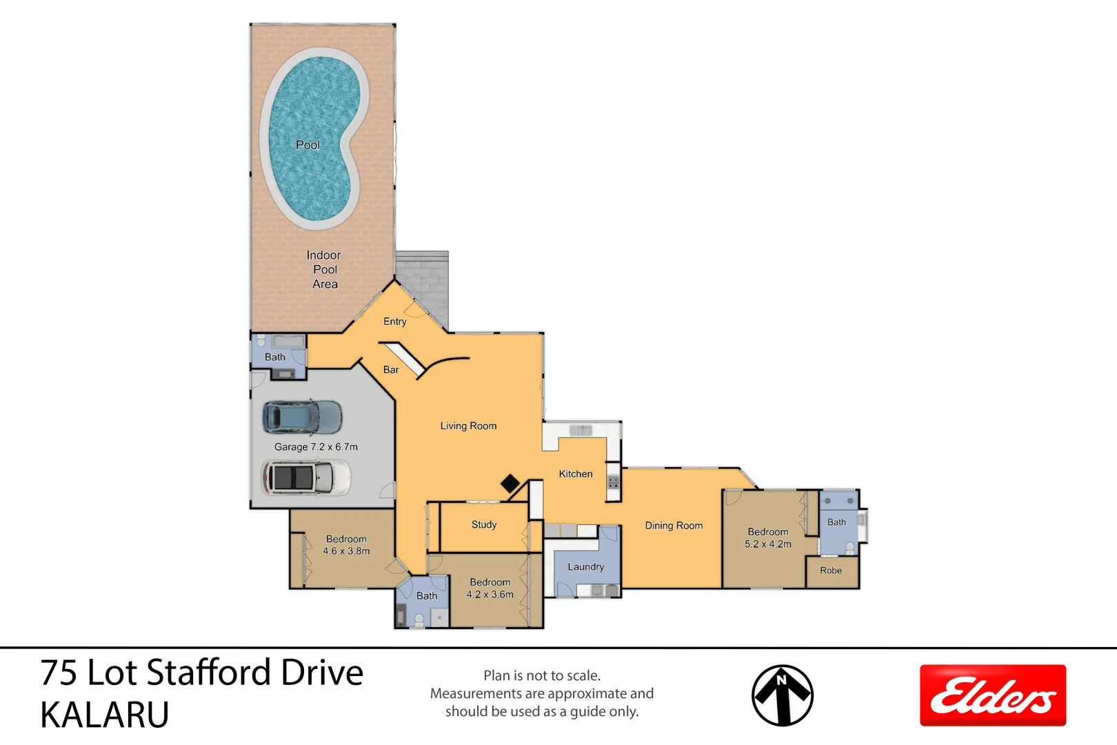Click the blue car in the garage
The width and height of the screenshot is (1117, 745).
click(302, 417)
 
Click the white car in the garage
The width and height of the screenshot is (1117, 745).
click(306, 477)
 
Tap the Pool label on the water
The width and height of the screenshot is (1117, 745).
click(308, 145)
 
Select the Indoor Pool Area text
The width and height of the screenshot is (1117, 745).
click(324, 270)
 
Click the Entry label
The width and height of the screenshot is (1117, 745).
click(395, 321)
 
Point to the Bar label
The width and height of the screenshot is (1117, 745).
click(391, 370)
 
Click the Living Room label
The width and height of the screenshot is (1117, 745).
click(468, 426)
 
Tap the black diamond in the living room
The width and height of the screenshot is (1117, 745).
click(510, 484)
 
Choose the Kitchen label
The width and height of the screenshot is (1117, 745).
click(576, 474)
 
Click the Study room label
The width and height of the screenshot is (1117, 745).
click(484, 525)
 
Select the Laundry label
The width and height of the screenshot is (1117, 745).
click(585, 567)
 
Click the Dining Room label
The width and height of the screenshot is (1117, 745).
click(674, 526)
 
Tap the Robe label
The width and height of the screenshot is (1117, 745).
click(831, 570)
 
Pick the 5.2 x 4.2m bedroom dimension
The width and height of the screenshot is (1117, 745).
click(767, 544)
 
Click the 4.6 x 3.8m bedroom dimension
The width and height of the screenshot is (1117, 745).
click(346, 551)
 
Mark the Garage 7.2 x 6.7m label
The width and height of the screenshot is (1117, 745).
click(316, 447)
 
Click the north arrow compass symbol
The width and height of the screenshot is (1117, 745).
click(782, 695)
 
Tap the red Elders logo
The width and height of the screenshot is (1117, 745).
click(992, 695)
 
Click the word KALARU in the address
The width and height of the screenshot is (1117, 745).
click(105, 715)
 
